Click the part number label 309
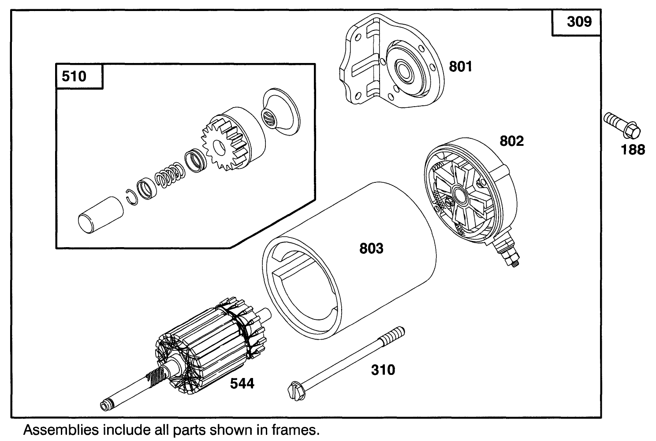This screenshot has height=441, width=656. pos(579,21)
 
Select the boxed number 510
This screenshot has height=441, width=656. pos(74,76)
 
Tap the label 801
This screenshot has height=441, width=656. pos(460,67)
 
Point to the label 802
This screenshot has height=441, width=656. pos(511,141)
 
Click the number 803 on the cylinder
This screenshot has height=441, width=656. pos(371,248)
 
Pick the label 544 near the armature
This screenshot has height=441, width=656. pos(242,384)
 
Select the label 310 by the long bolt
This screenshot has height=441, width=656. pos(383,370)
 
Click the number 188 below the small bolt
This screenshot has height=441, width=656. pos(633,150)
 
